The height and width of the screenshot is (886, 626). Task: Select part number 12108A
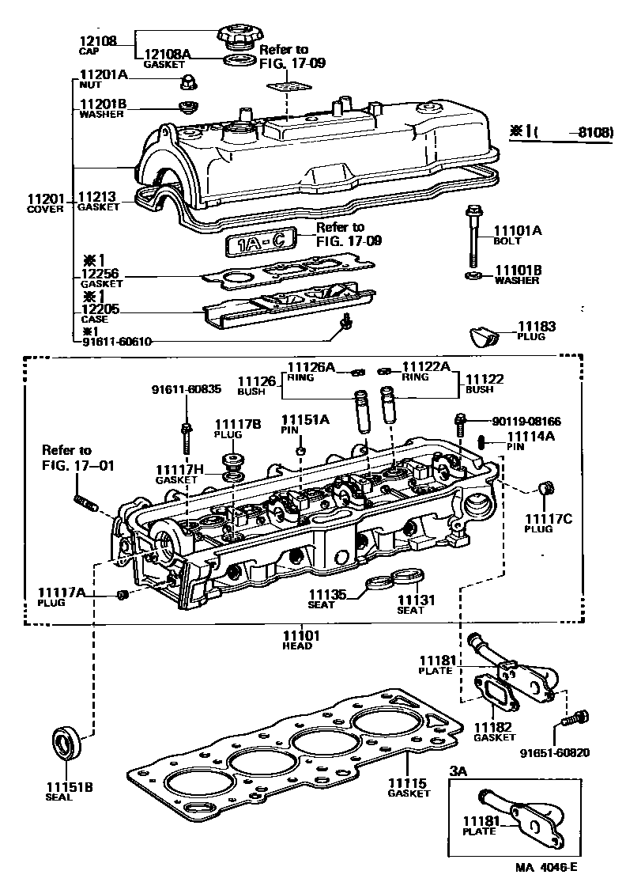point(168,54)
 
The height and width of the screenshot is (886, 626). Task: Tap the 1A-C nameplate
point(260,244)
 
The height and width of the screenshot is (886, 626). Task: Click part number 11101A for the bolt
point(518,230)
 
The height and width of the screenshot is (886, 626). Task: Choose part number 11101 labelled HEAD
point(301,634)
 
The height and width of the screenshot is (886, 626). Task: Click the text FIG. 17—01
point(78,465)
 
